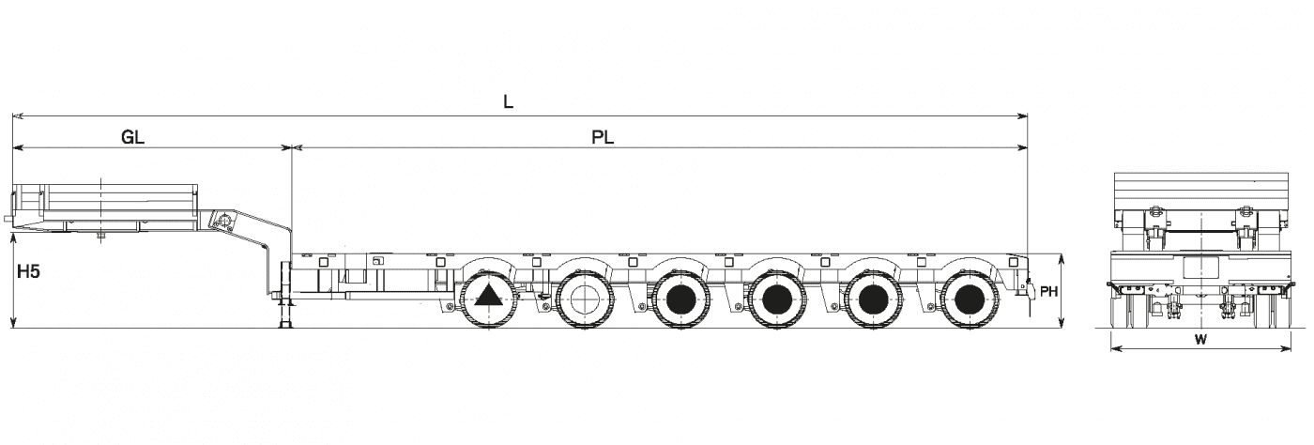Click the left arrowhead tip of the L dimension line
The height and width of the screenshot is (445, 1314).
[13, 116]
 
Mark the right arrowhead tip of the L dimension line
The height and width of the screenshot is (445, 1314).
[1028, 116]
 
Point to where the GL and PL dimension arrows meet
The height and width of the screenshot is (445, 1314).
[292, 146]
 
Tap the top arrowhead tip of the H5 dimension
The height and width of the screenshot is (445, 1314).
[13, 233]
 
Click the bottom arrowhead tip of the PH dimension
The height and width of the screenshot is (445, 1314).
[1062, 328]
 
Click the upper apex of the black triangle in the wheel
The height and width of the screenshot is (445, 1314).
[488, 286]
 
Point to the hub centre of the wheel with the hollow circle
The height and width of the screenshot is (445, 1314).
[584, 299]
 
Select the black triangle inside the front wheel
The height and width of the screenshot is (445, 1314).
[488, 296]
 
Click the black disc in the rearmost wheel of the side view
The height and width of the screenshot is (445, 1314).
[969, 299]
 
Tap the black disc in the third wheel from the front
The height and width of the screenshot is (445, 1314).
[681, 299]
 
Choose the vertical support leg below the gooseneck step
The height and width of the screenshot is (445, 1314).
[286, 296]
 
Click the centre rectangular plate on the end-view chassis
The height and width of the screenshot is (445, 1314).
[1199, 268]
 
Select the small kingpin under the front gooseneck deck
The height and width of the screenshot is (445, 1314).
[101, 236]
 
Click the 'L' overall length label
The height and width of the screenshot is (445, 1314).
[508, 102]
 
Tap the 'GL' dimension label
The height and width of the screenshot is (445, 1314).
[132, 138]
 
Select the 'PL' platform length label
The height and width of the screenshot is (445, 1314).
[603, 138]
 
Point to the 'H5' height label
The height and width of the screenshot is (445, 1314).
[28, 272]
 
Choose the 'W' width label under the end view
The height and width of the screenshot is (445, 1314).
[1200, 339]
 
